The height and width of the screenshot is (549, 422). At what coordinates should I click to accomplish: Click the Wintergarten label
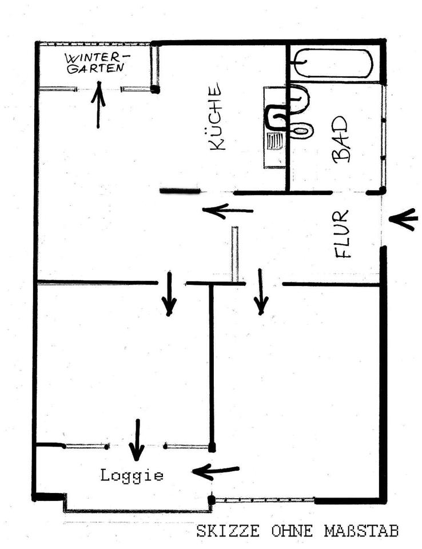tap(97, 62)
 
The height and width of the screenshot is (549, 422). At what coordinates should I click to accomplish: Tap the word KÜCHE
tap(217, 117)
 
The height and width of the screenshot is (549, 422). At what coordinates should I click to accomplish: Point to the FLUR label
tap(343, 234)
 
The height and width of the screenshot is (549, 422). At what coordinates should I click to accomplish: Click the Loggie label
tap(132, 475)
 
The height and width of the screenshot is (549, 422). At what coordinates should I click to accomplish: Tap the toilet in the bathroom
tap(302, 130)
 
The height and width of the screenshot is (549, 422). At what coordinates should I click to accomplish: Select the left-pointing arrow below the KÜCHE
tap(228, 211)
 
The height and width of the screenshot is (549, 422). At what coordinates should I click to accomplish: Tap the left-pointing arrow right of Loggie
tap(216, 472)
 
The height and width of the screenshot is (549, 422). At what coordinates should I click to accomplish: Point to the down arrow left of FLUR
tap(261, 292)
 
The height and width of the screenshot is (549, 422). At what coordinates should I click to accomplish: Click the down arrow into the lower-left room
tap(169, 294)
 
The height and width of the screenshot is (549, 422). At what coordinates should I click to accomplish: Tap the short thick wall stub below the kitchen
tap(180, 191)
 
